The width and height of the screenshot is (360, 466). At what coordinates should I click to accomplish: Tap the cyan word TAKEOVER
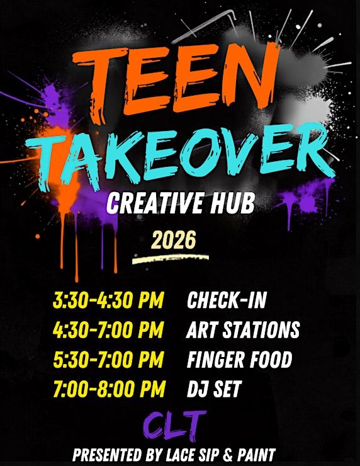[181, 157]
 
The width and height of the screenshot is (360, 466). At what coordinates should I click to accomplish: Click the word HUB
[233, 203]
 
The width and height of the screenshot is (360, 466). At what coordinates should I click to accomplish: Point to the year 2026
[174, 239]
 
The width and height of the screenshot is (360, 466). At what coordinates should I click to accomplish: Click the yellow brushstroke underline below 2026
[171, 259]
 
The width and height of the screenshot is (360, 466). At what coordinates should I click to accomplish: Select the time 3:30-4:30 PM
[108, 300]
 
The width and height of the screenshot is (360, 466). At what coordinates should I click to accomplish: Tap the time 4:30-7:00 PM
[108, 329]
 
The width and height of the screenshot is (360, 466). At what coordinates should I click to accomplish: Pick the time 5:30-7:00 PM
[108, 359]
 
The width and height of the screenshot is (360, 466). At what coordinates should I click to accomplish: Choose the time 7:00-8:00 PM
[109, 389]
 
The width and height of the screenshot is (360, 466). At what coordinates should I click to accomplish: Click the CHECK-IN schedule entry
[227, 300]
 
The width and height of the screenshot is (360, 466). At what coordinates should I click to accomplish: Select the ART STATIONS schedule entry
[243, 329]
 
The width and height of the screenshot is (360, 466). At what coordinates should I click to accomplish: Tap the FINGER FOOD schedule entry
[239, 359]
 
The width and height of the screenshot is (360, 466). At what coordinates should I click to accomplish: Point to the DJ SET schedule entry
[214, 389]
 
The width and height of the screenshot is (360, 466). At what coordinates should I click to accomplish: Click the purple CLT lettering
[174, 426]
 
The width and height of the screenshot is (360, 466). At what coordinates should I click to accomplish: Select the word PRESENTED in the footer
[107, 455]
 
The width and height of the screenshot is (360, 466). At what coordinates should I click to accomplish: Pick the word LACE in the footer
[179, 455]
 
